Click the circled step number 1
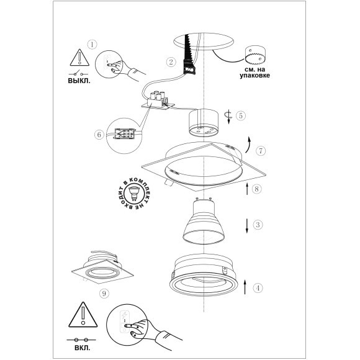[92, 44]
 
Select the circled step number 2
[171, 62]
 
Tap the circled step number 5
[241, 115]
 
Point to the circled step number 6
[99, 134]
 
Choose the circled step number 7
[261, 151]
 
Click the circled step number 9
[104, 293]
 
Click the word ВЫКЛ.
[79, 81]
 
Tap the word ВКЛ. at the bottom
[83, 348]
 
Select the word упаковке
[255, 76]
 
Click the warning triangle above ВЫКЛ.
[79, 57]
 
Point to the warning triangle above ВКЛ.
[83, 315]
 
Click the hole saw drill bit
[255, 55]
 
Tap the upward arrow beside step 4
[245, 287]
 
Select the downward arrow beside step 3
[247, 226]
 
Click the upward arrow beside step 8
[247, 189]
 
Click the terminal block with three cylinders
[158, 100]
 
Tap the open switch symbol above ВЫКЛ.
[79, 73]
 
